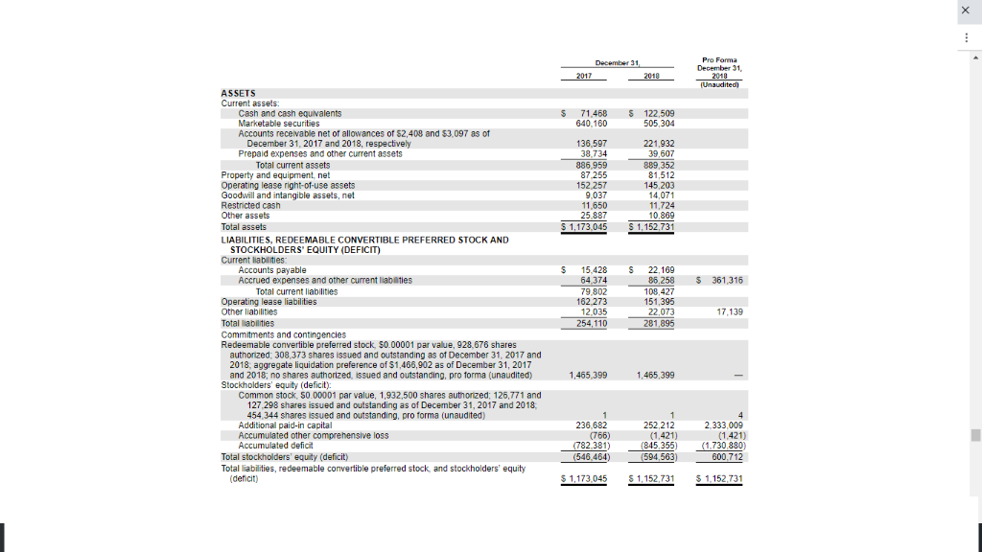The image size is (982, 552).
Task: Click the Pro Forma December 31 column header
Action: [720, 68]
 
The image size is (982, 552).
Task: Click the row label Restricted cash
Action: [251, 205]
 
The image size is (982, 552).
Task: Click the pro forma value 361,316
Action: [726, 281]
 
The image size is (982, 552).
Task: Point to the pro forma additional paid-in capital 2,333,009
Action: [724, 425]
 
